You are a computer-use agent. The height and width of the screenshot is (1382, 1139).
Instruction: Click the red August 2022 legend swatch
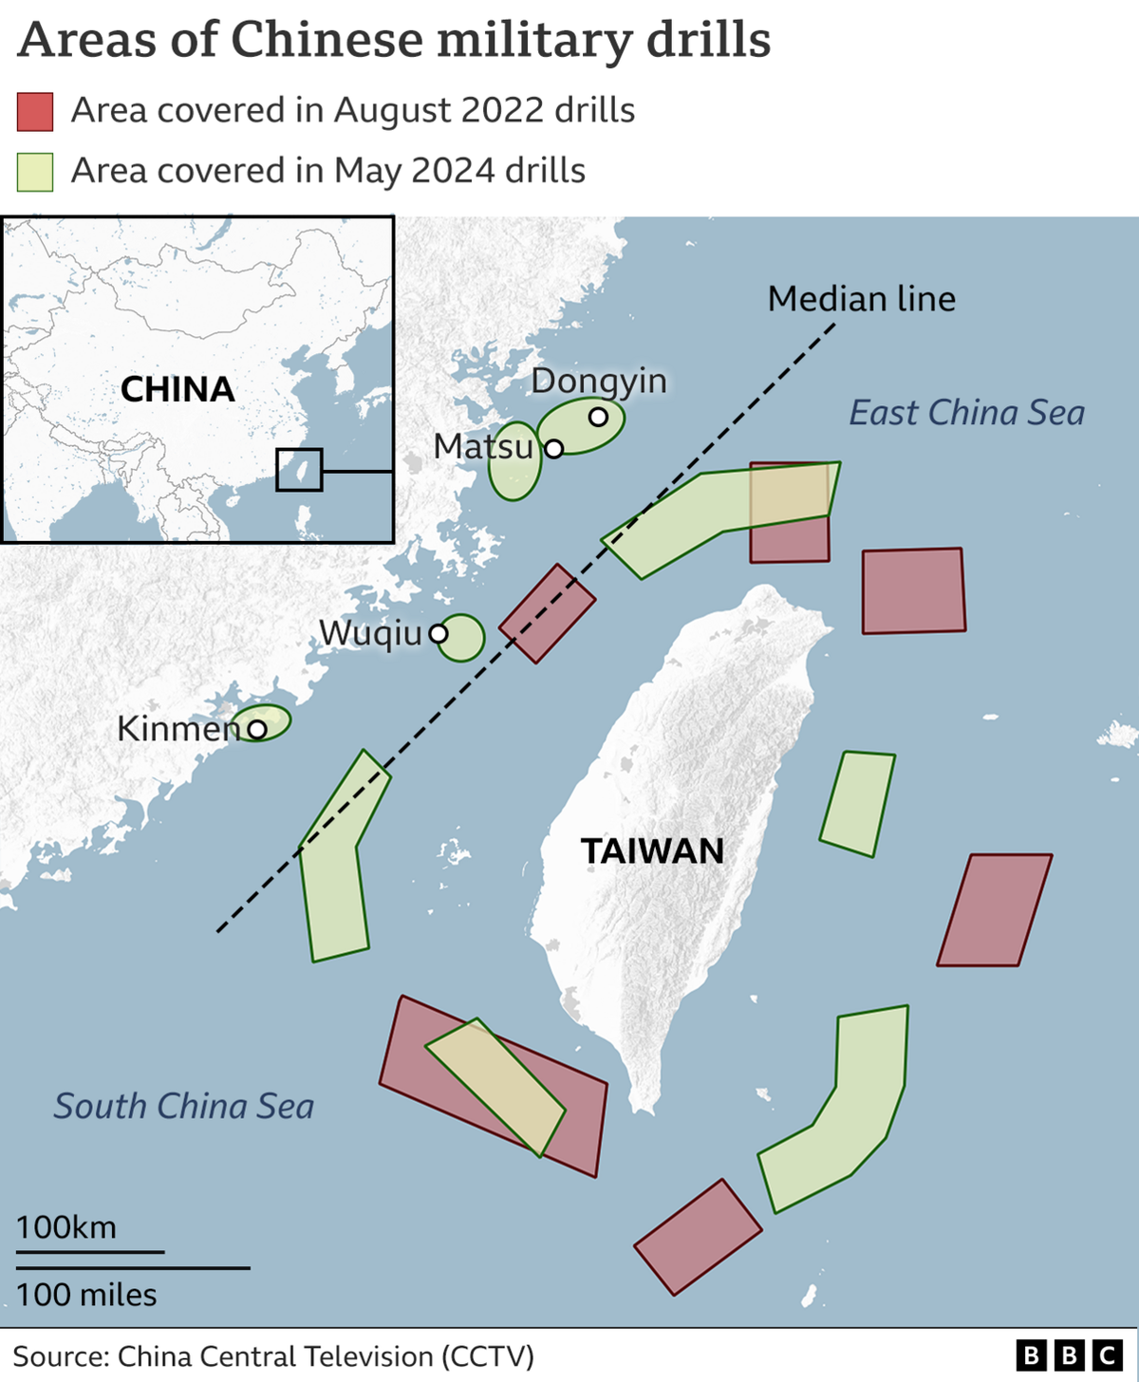(35, 112)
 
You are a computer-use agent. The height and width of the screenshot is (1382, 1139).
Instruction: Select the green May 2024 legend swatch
(35, 173)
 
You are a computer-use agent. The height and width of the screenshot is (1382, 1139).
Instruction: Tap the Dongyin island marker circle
(598, 417)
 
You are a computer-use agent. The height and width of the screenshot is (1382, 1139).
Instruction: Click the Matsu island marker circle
(554, 448)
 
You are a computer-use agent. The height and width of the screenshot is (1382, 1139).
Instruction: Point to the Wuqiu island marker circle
(439, 633)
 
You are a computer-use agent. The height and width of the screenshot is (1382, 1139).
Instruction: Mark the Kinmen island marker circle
(257, 729)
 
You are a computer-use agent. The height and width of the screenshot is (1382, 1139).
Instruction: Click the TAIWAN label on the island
(652, 850)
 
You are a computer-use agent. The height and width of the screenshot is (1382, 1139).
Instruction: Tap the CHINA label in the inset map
(177, 389)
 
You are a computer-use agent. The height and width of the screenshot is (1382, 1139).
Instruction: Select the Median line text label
(861, 299)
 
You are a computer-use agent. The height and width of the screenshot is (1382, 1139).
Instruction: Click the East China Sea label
(966, 413)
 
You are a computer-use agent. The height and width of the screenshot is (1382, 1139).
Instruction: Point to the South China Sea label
(183, 1106)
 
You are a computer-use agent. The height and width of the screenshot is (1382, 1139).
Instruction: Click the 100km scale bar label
(66, 1227)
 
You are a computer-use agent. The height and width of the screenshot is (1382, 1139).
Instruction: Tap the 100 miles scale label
(86, 1295)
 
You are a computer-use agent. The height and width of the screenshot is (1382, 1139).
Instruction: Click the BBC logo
(1069, 1355)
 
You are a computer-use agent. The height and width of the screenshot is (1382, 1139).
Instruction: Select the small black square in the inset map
(299, 470)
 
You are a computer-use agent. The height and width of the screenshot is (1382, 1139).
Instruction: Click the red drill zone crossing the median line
(548, 613)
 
